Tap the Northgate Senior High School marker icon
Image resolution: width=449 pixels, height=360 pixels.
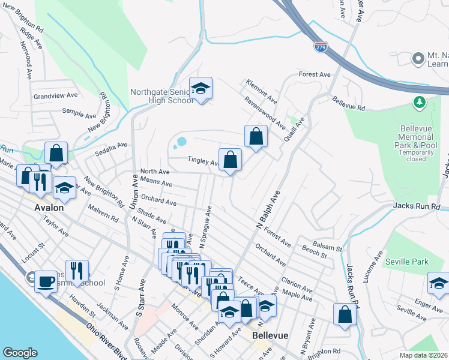coord(201,89)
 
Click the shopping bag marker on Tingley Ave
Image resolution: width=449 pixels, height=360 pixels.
coord(230,160)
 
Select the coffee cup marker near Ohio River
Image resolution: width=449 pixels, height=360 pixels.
coord(45,281)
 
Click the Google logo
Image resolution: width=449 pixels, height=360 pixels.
coord(20,353)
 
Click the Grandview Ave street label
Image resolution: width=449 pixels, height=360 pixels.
coord(55,95)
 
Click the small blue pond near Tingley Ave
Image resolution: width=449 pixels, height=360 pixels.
coord(179,143)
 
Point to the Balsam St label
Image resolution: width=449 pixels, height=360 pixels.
coord(330,248)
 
